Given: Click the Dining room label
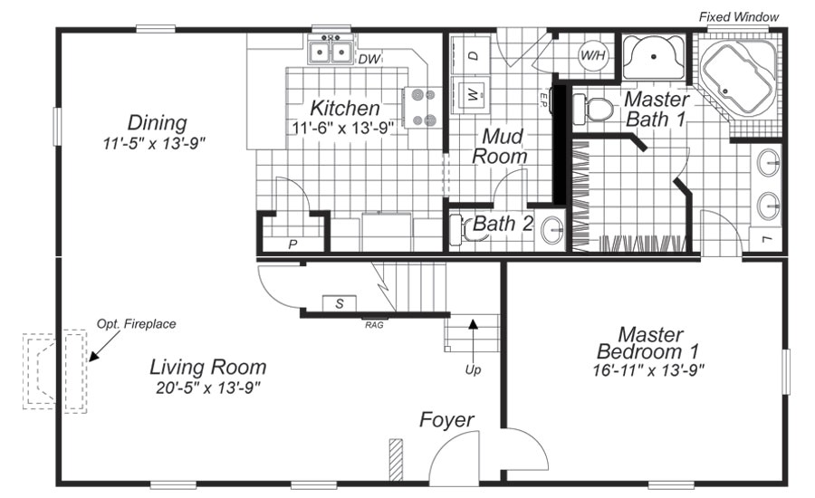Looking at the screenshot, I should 157,122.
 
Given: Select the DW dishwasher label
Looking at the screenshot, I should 368,60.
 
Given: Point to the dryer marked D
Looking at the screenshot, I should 473,55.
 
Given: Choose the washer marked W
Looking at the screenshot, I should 473,93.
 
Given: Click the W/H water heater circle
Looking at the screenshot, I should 593,56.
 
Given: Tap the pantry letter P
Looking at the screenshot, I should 292,244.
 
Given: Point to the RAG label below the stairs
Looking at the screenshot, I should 372,323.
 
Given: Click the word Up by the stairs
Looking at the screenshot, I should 473,369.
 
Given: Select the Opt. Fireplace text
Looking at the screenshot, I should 136,323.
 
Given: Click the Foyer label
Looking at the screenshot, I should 446,420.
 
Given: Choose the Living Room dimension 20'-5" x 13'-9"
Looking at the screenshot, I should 208,388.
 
